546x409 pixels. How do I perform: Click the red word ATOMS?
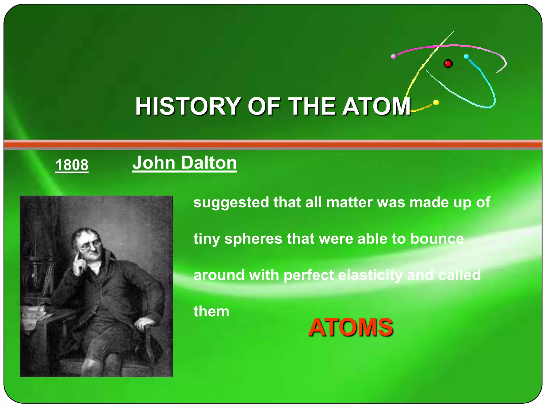click(x=351, y=327)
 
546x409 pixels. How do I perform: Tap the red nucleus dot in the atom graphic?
click(x=448, y=64)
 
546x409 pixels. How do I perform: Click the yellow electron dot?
click(x=436, y=102)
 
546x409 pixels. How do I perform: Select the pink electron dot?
click(x=394, y=56)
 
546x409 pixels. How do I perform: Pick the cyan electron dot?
click(x=466, y=57)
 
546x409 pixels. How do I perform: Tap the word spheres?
click(x=253, y=239)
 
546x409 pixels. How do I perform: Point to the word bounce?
click(x=437, y=239)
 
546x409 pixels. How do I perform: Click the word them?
click(x=211, y=311)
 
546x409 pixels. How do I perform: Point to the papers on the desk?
click(x=33, y=314)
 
